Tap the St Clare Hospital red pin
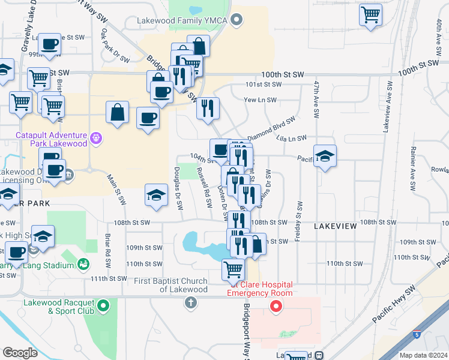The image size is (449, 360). pyautogui.click(x=276, y=307)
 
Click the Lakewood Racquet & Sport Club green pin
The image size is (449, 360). pyautogui.click(x=103, y=307)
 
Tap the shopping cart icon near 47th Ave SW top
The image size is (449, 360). pyautogui.click(x=371, y=14)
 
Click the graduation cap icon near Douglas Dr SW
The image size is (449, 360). pyautogui.click(x=156, y=196)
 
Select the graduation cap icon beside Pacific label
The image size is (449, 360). pyautogui.click(x=324, y=157)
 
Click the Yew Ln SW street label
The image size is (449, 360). pyautogui.click(x=260, y=100)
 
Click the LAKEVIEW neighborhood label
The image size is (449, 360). pyautogui.click(x=335, y=226)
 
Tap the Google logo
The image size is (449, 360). pyautogui.click(x=20, y=353)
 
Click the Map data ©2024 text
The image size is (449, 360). pyautogui.click(x=423, y=355)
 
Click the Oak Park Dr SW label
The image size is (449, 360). pyautogui.click(x=115, y=46)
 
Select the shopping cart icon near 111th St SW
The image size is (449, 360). pyautogui.click(x=233, y=269)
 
